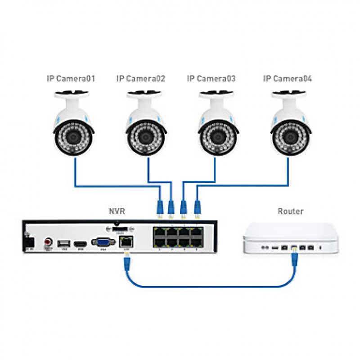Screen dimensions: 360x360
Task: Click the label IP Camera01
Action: (71, 79)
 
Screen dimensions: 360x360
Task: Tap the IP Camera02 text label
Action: (141, 79)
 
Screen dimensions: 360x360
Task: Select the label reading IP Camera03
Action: (211, 79)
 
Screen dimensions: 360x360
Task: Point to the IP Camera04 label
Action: (288, 79)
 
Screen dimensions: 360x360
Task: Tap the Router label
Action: (291, 211)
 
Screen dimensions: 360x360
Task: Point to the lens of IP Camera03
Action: (217, 136)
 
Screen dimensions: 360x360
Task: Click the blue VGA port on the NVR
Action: (103, 242)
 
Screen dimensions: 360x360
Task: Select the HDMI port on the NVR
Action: (80, 243)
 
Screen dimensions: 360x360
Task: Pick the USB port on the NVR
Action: (63, 243)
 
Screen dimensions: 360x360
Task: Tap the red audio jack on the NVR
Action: (48, 243)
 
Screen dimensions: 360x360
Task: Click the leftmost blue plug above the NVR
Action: (159, 207)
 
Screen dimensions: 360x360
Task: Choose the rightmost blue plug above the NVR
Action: (197, 207)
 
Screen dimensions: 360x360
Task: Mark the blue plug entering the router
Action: (295, 258)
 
